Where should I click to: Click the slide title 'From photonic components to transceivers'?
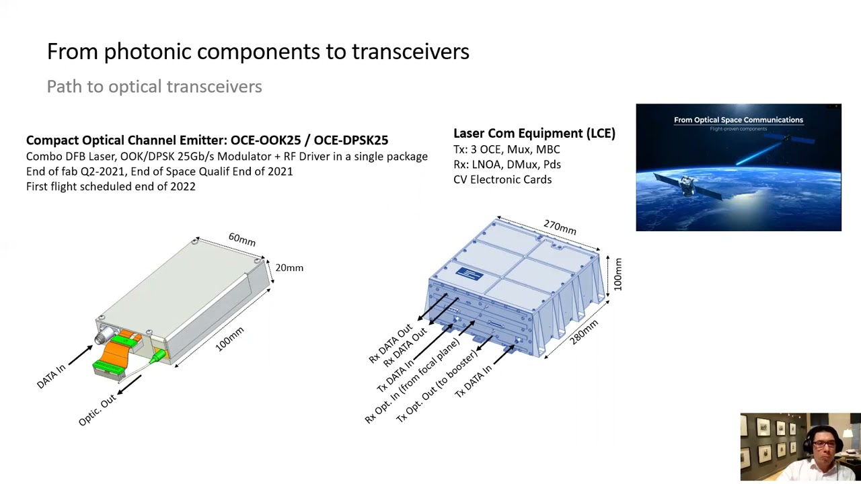click(x=258, y=52)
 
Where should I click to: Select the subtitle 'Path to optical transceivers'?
click(x=154, y=87)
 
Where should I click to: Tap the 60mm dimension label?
click(x=241, y=239)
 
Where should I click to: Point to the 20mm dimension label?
click(x=289, y=268)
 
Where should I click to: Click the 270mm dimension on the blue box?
click(x=560, y=227)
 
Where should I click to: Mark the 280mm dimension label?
click(x=583, y=332)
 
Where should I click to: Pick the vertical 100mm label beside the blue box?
click(x=617, y=274)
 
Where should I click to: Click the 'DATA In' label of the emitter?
click(x=51, y=376)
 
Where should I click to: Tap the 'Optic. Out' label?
click(x=98, y=410)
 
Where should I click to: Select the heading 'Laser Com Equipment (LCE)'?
click(x=534, y=133)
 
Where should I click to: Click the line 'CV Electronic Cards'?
click(x=502, y=179)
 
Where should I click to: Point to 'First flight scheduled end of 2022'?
click(x=111, y=186)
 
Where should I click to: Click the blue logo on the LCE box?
click(x=469, y=274)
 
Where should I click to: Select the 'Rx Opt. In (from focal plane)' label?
click(x=412, y=381)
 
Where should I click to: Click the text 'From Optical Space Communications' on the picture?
click(x=738, y=120)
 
